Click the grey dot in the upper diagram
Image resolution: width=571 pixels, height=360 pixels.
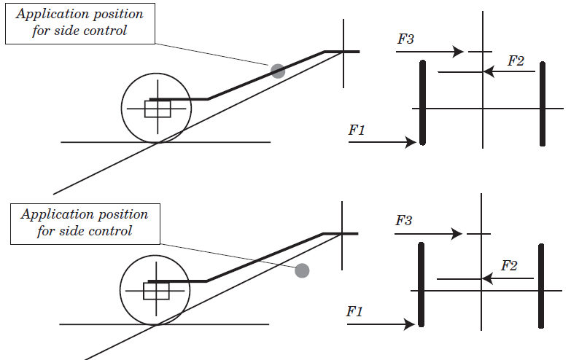pos(278,71)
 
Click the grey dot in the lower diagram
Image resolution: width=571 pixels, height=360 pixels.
pos(302,270)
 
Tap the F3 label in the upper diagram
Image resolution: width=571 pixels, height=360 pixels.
pos(405,39)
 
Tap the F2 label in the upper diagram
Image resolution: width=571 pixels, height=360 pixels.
pos(516,61)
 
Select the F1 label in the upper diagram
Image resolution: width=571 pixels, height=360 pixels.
pos(357,130)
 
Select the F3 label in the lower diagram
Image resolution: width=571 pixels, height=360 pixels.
pos(405,220)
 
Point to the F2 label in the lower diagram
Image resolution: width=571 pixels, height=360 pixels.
pos(509,266)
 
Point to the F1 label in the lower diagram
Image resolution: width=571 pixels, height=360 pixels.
pos(354,311)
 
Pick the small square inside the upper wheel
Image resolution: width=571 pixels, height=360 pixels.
pos(158,109)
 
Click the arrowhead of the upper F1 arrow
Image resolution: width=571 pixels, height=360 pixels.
pos(411,143)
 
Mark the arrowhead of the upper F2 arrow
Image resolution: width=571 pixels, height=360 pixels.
pos(489,71)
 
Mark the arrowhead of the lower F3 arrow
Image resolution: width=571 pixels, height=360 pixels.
pos(457,234)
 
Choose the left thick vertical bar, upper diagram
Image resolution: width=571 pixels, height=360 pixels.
pos(422,103)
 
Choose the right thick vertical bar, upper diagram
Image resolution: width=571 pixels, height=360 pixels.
pos(543,103)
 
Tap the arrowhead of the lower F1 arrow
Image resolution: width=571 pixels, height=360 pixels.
pos(410,324)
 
